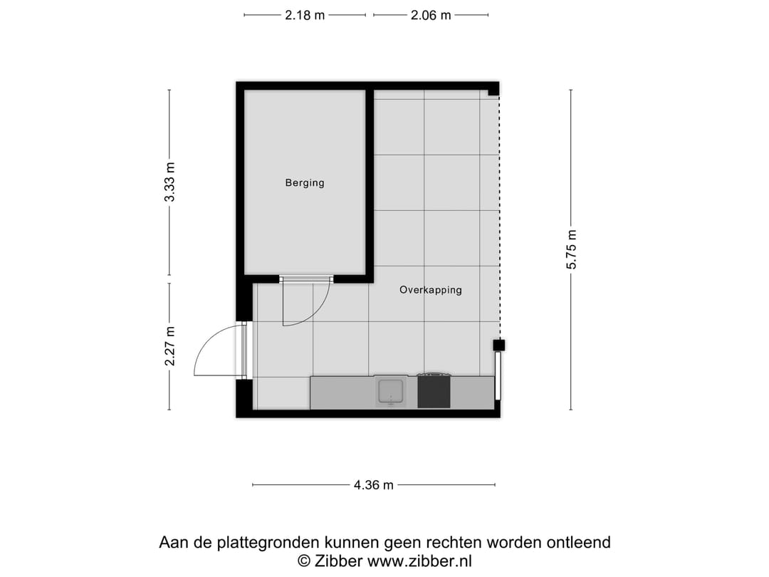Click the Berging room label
[x=305, y=183]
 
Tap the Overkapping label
[x=430, y=290]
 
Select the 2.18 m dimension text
[x=305, y=15]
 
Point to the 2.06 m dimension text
[x=431, y=15]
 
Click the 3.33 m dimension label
[x=169, y=182]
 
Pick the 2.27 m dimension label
[x=169, y=346]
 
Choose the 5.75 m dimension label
[x=571, y=249]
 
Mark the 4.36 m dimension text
[x=373, y=486]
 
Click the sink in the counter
[x=391, y=392]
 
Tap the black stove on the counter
[x=434, y=392]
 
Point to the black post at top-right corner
[x=493, y=89]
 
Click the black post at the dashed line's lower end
[x=499, y=345]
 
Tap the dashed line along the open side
[x=499, y=214]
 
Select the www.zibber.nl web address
[x=419, y=561]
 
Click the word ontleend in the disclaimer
[x=578, y=543]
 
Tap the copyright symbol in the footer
[x=304, y=561]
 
